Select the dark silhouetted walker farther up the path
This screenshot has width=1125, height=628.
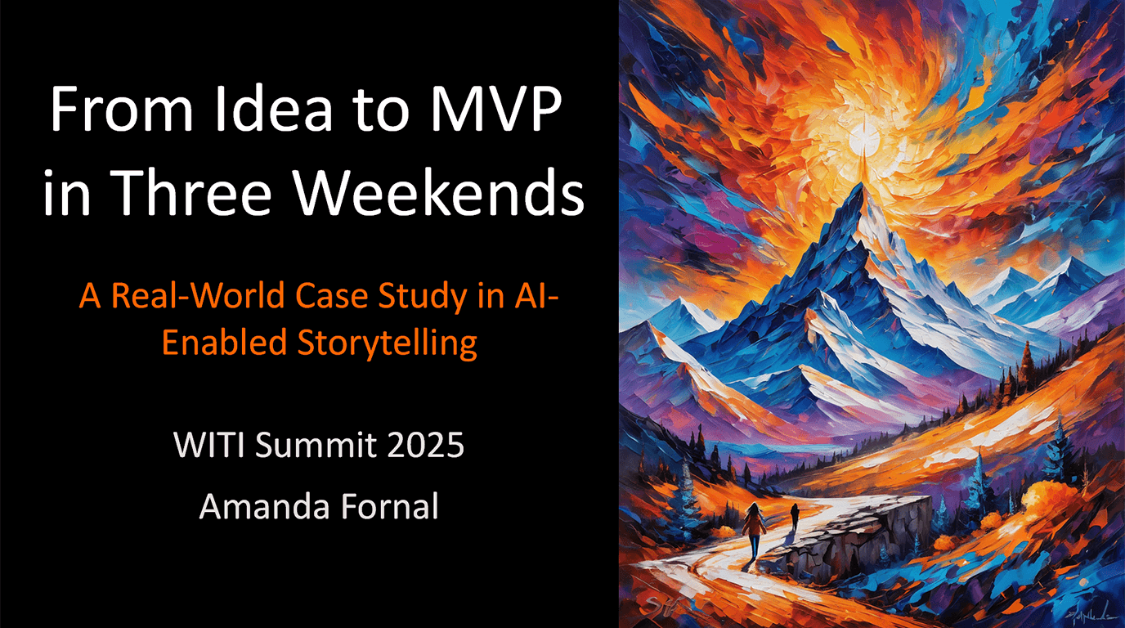794,517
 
